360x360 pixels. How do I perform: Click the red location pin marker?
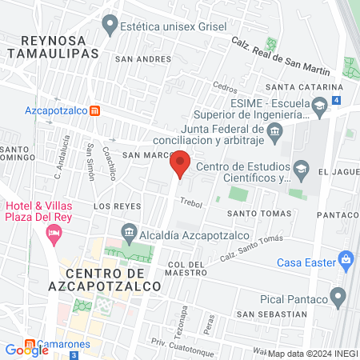coord(181,164)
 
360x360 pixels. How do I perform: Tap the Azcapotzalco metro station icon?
coord(94,110)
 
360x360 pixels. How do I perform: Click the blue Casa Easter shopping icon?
coord(346,259)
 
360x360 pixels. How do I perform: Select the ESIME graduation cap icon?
coord(319,106)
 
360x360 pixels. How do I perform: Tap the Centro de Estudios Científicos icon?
coord(301,167)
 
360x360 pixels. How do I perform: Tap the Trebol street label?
coord(192,203)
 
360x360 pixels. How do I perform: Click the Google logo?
coord(26,350)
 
